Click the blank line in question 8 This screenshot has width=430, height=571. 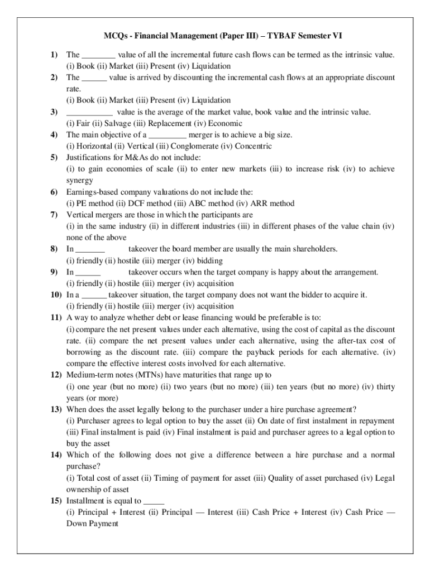coord(90,249)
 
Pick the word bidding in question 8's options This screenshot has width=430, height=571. coord(209,260)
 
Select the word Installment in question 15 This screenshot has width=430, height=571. coord(85,501)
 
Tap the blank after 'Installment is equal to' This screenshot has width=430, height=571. coord(154,501)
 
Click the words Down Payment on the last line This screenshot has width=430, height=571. coord(92,524)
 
